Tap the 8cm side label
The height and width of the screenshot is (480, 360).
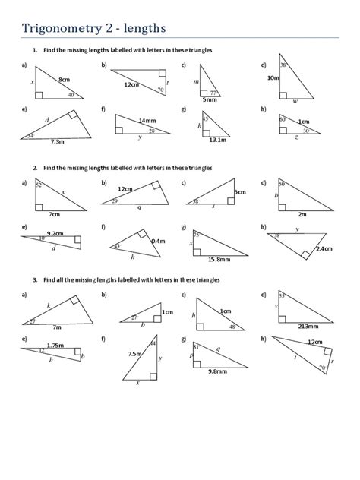point(64,79)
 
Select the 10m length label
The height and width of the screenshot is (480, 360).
point(273,78)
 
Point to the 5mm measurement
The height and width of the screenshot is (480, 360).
point(209,99)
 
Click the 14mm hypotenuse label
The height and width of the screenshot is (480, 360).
point(147,121)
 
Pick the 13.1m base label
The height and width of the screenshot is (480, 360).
point(218,140)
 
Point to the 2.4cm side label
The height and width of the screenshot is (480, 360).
point(324,248)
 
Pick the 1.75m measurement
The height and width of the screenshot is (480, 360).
point(55,346)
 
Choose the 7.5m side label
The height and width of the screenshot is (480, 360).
point(136,353)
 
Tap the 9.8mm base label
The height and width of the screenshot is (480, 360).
point(217,371)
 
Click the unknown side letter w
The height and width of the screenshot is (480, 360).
point(295,100)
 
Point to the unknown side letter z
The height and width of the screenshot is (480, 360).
point(296,137)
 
